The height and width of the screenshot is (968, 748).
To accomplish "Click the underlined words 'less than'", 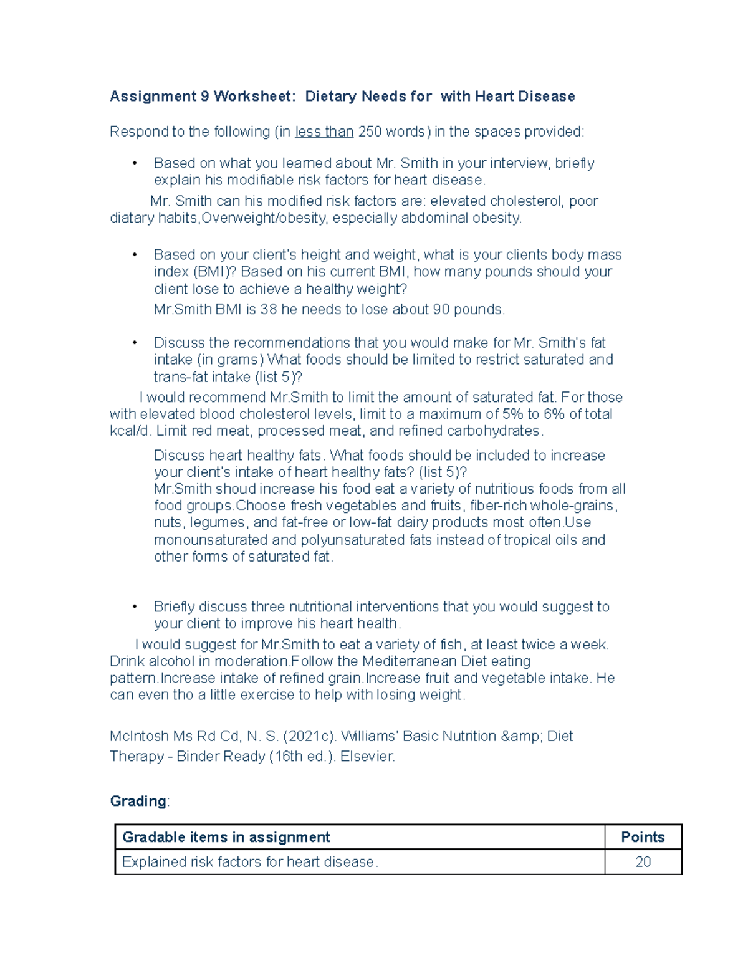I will [324, 132].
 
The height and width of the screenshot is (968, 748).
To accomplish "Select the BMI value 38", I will [269, 310].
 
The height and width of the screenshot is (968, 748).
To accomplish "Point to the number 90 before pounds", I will [441, 310].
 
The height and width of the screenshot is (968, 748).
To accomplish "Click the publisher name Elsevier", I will [367, 757].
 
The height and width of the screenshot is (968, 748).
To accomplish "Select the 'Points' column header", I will [643, 838].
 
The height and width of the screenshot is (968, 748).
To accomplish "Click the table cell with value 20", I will [643, 862].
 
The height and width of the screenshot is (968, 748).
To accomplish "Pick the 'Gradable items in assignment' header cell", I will [226, 838].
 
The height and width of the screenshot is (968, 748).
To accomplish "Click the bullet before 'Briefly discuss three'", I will [134, 607].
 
